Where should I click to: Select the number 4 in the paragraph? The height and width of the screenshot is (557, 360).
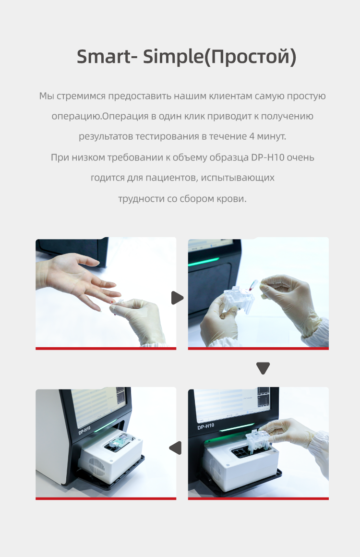pos(252,136)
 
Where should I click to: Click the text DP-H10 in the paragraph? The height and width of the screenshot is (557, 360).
pos(268,157)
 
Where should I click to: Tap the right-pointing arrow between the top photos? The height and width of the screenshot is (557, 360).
pos(177,298)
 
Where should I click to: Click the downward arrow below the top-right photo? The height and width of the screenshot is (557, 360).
pos(263,368)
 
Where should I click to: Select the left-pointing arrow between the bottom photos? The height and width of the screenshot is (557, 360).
pos(175,448)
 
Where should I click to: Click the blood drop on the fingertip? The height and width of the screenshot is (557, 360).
pos(112,303)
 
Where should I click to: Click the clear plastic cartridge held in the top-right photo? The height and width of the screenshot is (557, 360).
pos(238,299)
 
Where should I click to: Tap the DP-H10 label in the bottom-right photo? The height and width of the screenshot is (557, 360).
pos(205,426)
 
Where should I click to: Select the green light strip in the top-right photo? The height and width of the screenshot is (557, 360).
pos(203,262)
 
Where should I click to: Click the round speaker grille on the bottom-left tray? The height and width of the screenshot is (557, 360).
pos(96,467)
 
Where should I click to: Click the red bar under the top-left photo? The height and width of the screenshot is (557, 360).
pos(106,349)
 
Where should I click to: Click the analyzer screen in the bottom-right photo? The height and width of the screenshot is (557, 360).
pos(232,404)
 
